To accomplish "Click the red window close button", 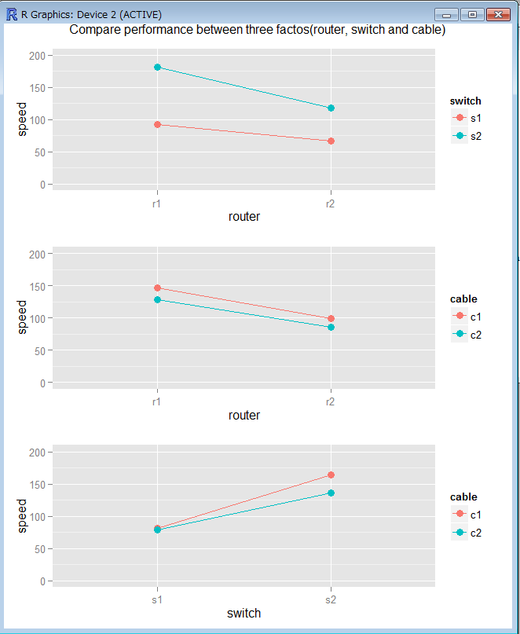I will pyautogui.click(x=497, y=14).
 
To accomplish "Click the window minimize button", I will pyautogui.click(x=449, y=14).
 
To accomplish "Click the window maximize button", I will pyautogui.click(x=472, y=14).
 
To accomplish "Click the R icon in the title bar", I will pyautogui.click(x=12, y=14).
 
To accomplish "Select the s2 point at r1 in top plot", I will pyautogui.click(x=158, y=68).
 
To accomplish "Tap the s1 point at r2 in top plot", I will pyautogui.click(x=331, y=141).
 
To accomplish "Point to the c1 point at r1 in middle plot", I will pyautogui.click(x=158, y=288).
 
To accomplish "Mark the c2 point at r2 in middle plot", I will pyautogui.click(x=331, y=327).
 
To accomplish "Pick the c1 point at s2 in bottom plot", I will pyautogui.click(x=331, y=475).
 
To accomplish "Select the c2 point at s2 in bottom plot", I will pyautogui.click(x=331, y=493).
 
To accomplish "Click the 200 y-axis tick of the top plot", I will pyautogui.click(x=37, y=56).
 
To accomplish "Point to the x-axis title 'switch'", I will pyautogui.click(x=244, y=613).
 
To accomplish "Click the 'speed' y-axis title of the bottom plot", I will pyautogui.click(x=23, y=515).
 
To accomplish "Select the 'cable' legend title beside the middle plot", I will pyautogui.click(x=463, y=299).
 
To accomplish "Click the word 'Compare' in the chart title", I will pyautogui.click(x=96, y=31).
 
